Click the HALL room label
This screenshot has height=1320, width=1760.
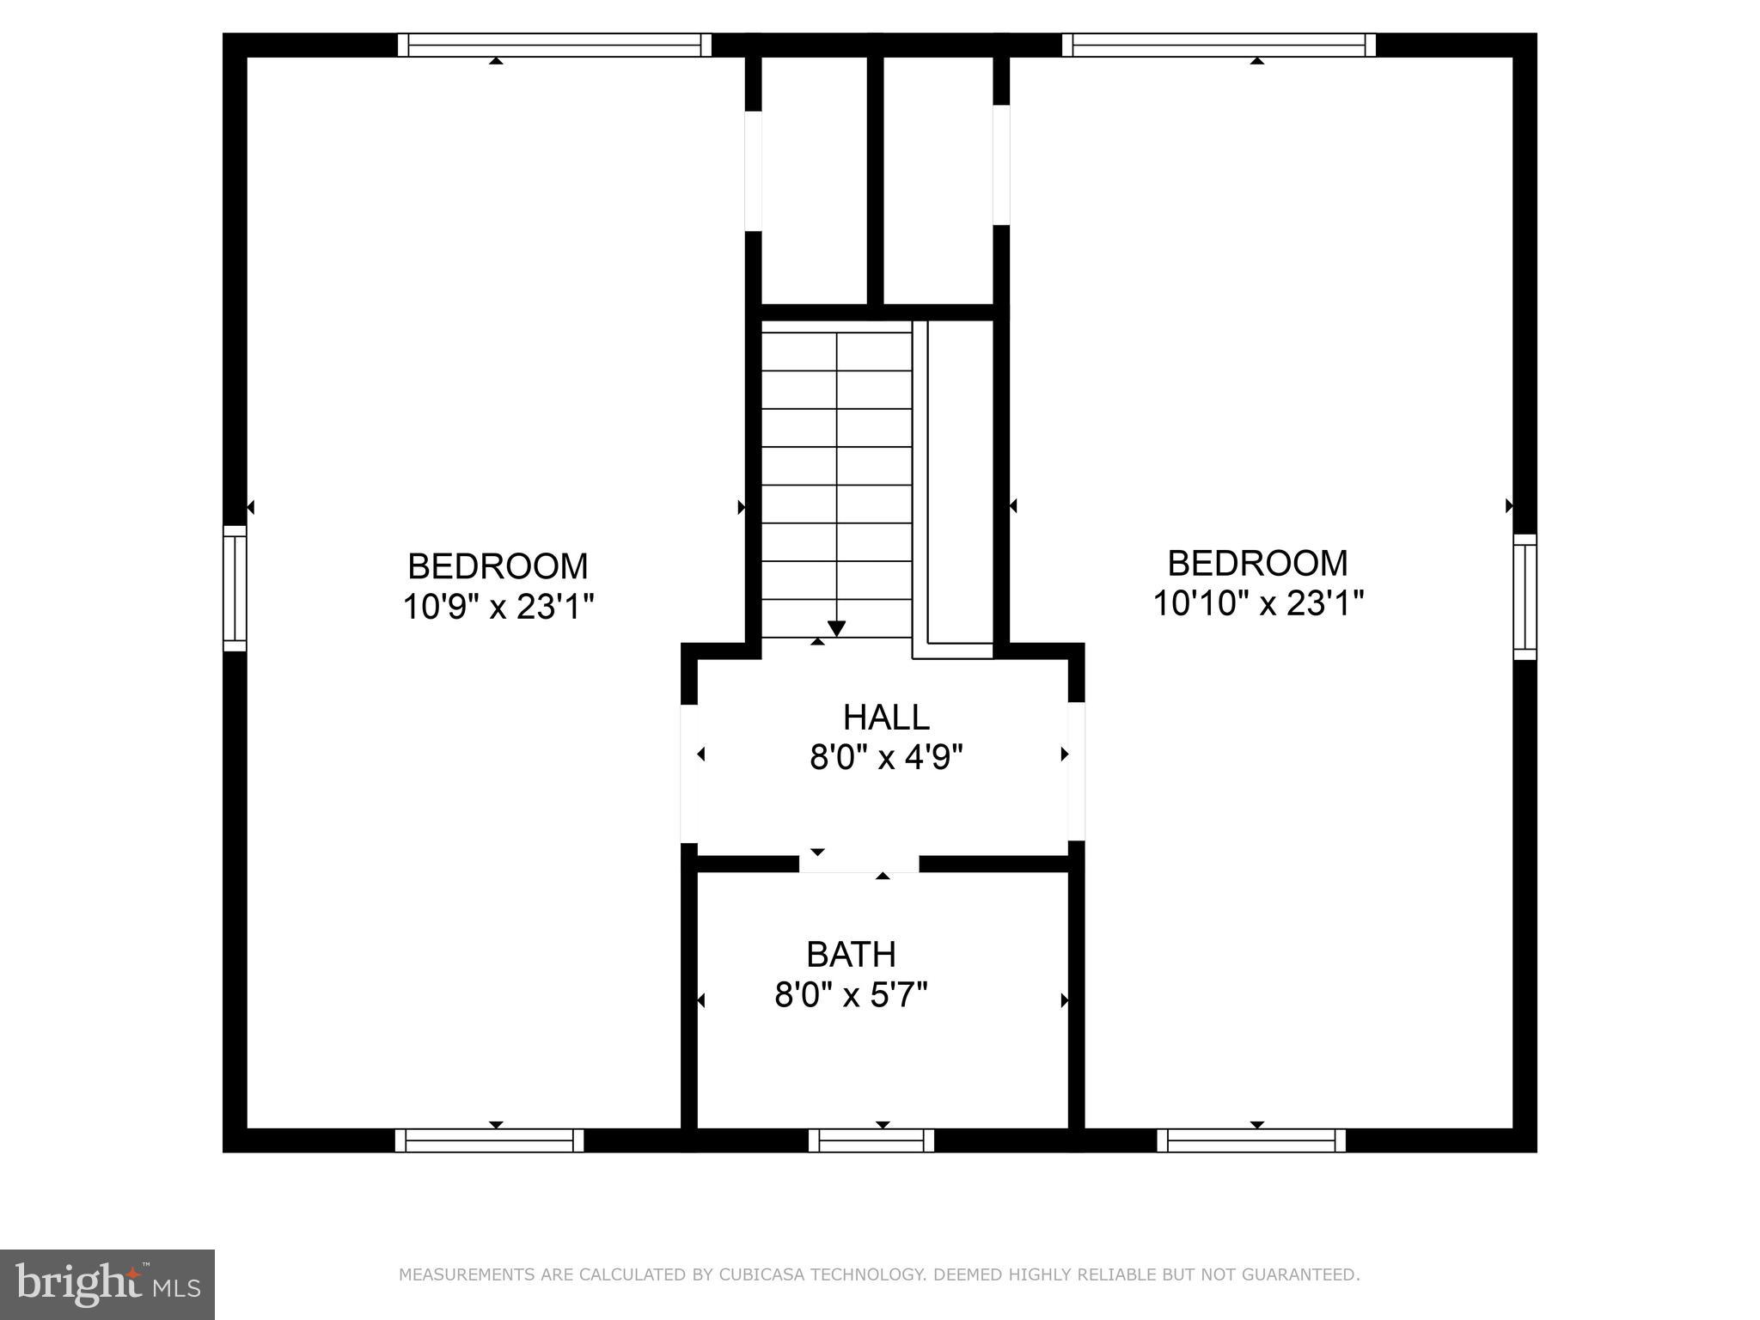click(x=886, y=718)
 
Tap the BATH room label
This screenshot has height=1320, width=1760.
click(x=851, y=955)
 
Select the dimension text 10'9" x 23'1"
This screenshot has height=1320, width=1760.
click(x=498, y=608)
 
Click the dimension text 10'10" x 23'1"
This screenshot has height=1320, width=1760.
click(x=1257, y=603)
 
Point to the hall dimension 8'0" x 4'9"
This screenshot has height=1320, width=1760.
click(x=886, y=758)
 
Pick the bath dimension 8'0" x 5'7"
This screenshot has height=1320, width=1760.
click(x=851, y=996)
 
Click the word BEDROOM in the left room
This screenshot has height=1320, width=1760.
click(x=498, y=566)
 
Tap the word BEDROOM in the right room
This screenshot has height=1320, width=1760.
click(x=1257, y=563)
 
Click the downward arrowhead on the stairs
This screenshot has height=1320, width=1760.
click(x=836, y=629)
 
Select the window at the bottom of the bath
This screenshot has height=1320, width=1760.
click(x=871, y=1140)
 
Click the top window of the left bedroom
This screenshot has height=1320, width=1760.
click(x=554, y=45)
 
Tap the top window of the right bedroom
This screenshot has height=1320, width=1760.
click(x=1219, y=45)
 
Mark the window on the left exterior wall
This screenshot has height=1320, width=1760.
click(x=235, y=589)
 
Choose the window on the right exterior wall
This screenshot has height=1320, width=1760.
click(x=1525, y=597)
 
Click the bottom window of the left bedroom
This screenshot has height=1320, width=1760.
click(x=489, y=1140)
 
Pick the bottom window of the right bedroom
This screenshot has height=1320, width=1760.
click(x=1251, y=1140)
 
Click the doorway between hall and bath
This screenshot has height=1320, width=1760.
click(x=859, y=864)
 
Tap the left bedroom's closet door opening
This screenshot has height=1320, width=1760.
click(x=753, y=171)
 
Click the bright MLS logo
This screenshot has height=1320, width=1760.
click(x=107, y=1284)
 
